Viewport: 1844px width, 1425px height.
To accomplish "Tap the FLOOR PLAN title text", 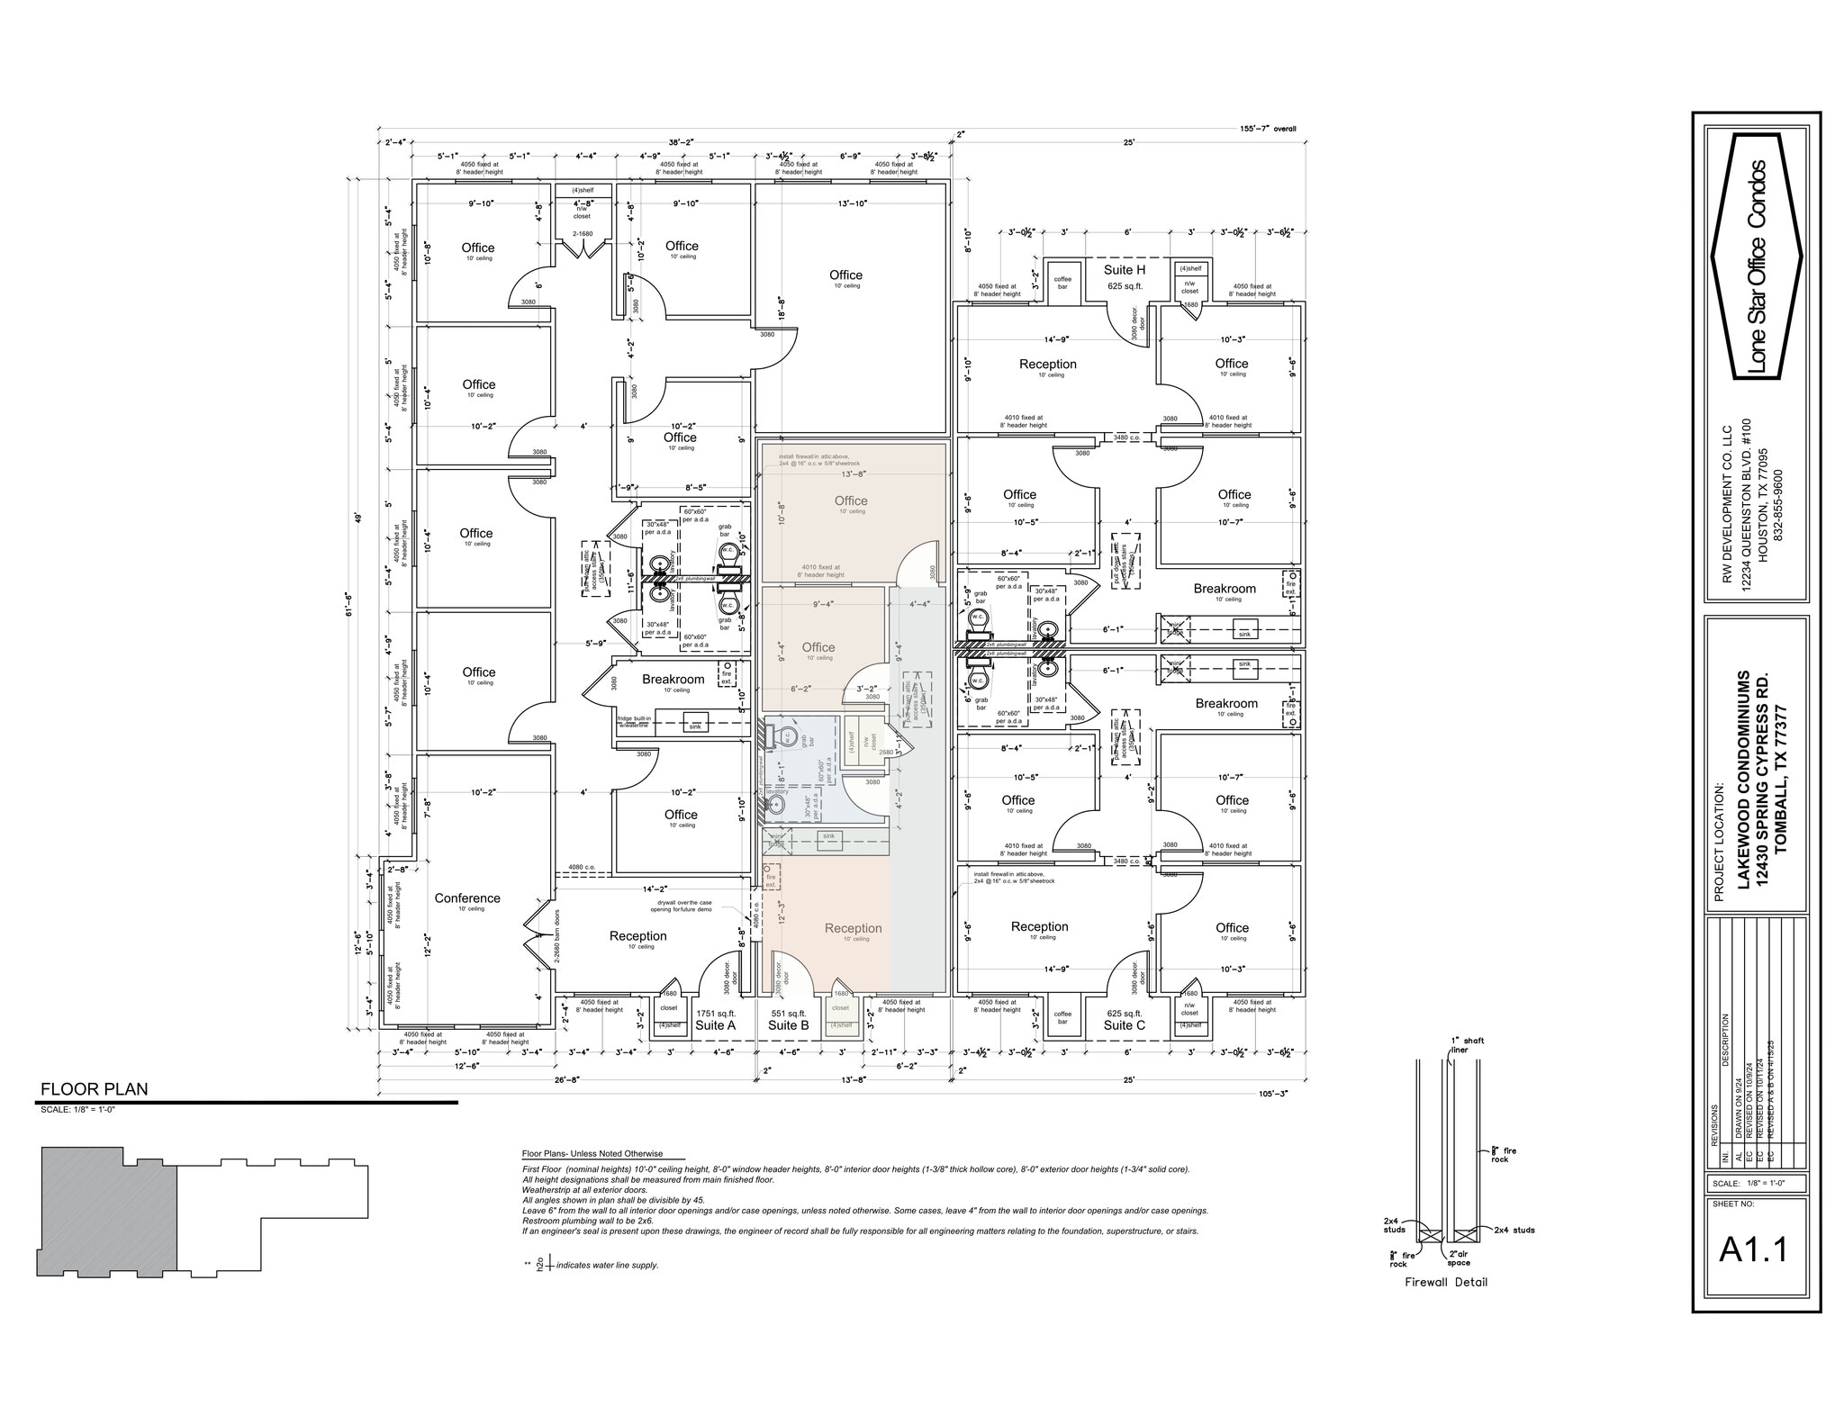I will [94, 1089].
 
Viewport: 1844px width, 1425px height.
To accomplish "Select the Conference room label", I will [466, 898].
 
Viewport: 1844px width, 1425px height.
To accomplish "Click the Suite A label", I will [716, 1025].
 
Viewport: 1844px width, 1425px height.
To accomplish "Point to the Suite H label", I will [1125, 270].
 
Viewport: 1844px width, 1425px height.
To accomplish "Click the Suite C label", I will [1124, 1025].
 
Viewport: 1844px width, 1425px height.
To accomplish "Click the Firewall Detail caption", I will [1446, 1283].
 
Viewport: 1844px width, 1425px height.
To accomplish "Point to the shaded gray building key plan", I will [104, 1211].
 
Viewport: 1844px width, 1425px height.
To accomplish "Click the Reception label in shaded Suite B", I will [853, 929].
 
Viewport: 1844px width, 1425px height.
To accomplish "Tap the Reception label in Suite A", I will [637, 936].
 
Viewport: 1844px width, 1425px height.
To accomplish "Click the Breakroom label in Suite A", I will [673, 680].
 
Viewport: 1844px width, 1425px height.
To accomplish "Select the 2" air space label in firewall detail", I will [1459, 1258].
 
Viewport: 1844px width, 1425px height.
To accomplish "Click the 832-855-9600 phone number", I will [1777, 504].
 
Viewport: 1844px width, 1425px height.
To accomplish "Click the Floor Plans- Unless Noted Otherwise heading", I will [592, 1154].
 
